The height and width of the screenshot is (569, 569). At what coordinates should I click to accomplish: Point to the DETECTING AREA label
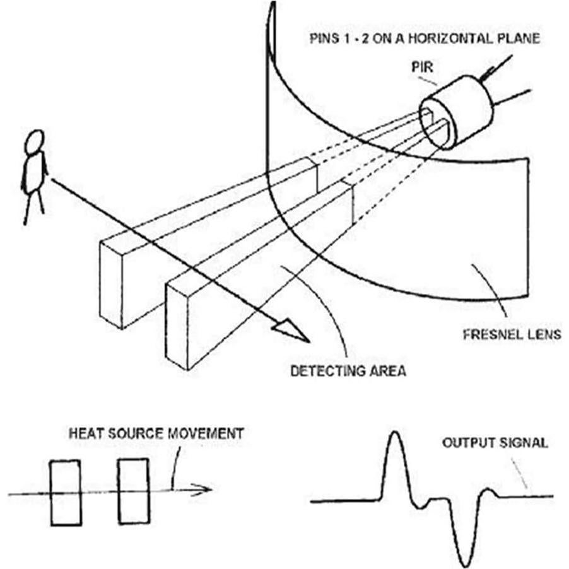[x=348, y=371]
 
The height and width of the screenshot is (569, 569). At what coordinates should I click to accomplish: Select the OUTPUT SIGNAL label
[x=495, y=443]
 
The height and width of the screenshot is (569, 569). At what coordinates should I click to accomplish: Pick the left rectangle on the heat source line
[x=65, y=493]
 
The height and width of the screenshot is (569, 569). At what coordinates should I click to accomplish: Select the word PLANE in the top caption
[x=521, y=38]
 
